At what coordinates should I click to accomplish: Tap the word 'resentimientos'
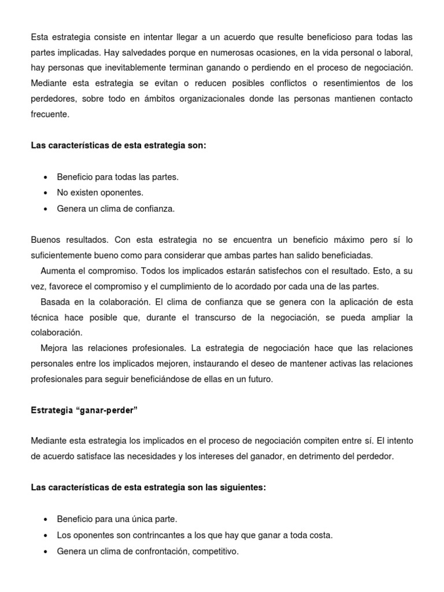tap(337, 84)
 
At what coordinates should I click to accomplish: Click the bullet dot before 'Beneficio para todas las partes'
tap(46, 177)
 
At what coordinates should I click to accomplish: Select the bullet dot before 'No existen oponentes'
tap(46, 193)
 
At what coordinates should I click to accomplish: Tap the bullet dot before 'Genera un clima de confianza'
tap(46, 209)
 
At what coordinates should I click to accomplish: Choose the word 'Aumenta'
tap(57, 271)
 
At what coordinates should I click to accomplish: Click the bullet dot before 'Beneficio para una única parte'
tap(46, 519)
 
